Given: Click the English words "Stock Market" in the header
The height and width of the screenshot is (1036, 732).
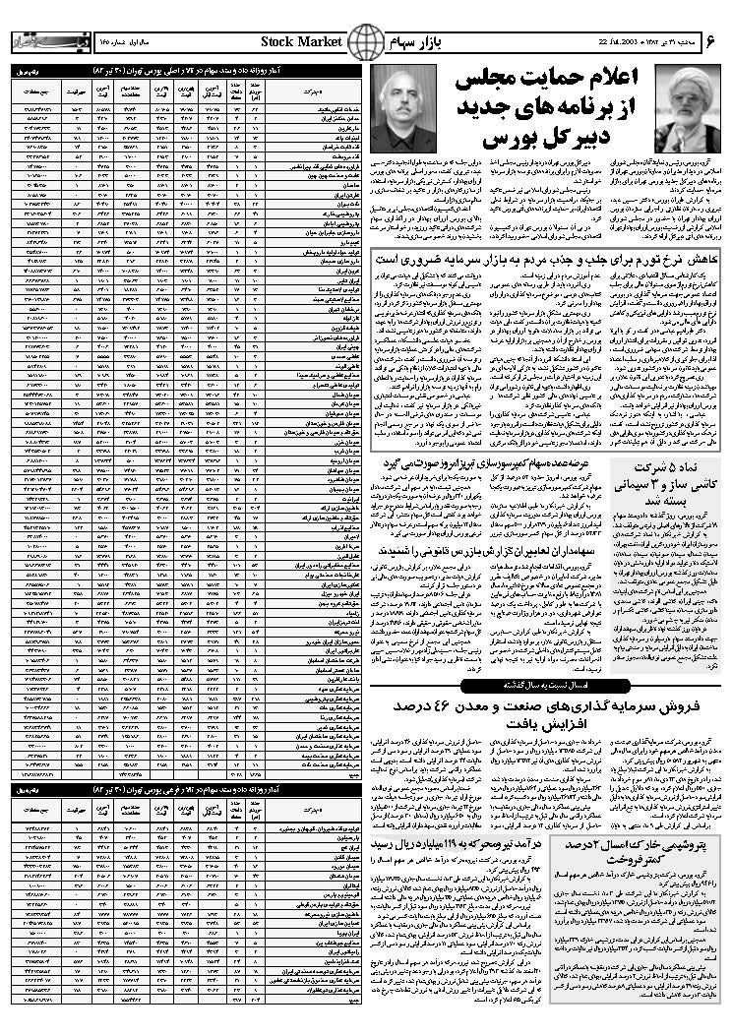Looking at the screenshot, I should click(x=301, y=41).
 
